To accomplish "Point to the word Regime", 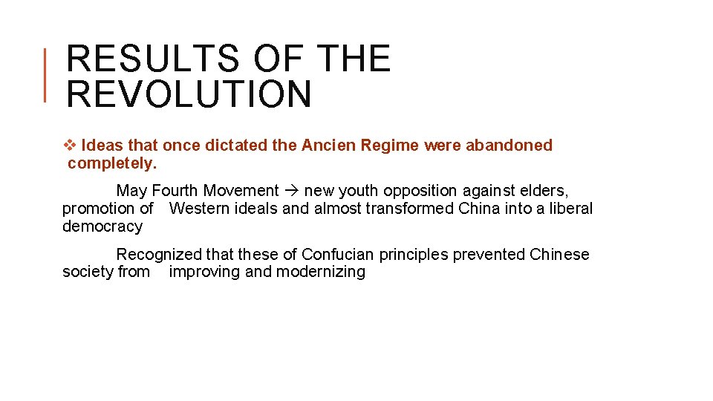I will [390, 146].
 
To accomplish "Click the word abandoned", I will [509, 146].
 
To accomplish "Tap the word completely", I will [112, 163].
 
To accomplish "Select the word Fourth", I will [176, 191].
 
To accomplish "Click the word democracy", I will [102, 226].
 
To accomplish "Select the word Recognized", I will [159, 255].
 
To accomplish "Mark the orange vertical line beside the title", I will [45, 74].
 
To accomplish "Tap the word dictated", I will [236, 146].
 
